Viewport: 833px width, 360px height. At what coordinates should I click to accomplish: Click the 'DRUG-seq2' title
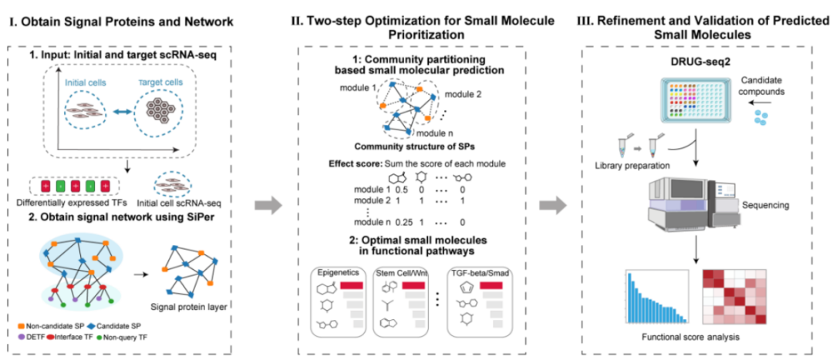[x=693, y=61]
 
